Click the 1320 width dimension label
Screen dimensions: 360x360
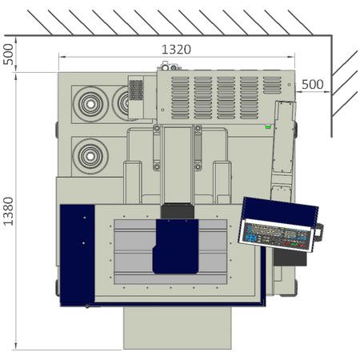(176, 49)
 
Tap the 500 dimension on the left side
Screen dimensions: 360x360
(9, 55)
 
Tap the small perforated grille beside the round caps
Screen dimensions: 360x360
(136, 89)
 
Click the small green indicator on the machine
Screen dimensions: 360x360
(268, 126)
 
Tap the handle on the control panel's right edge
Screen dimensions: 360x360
(318, 233)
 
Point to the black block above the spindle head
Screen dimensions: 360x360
(177, 211)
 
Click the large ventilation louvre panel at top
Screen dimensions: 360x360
(226, 96)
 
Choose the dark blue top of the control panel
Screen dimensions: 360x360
(280, 210)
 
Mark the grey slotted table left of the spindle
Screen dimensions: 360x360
(134, 248)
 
